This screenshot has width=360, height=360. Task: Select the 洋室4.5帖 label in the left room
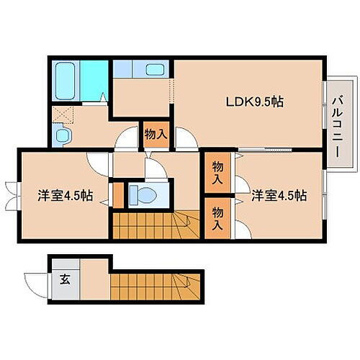coord(64,195)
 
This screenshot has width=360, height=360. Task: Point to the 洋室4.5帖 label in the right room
coord(279,195)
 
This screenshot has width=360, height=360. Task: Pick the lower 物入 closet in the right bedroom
coord(217,216)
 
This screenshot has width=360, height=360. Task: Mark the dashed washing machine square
coord(63,113)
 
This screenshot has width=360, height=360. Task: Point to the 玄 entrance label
coord(64,279)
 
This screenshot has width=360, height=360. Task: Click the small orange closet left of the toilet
coord(117,194)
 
